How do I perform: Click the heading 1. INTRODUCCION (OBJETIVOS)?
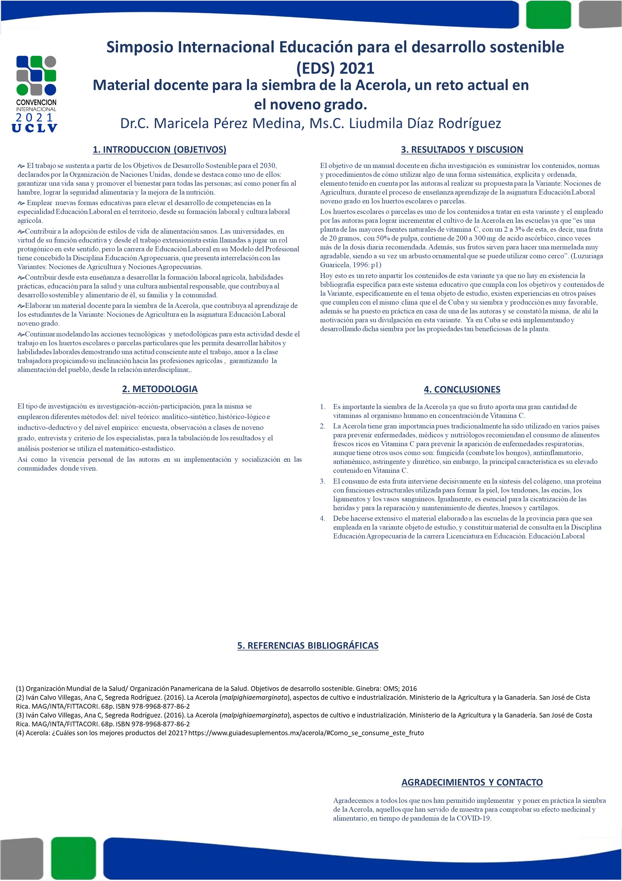click(160, 150)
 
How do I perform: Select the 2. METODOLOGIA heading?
click(160, 389)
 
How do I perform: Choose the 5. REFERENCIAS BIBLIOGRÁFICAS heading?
click(308, 645)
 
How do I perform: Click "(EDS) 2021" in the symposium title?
click(335, 68)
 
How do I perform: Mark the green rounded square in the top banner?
click(549, 15)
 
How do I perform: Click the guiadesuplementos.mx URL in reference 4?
click(306, 733)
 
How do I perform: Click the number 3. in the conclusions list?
click(323, 481)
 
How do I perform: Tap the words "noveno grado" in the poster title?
click(310, 104)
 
